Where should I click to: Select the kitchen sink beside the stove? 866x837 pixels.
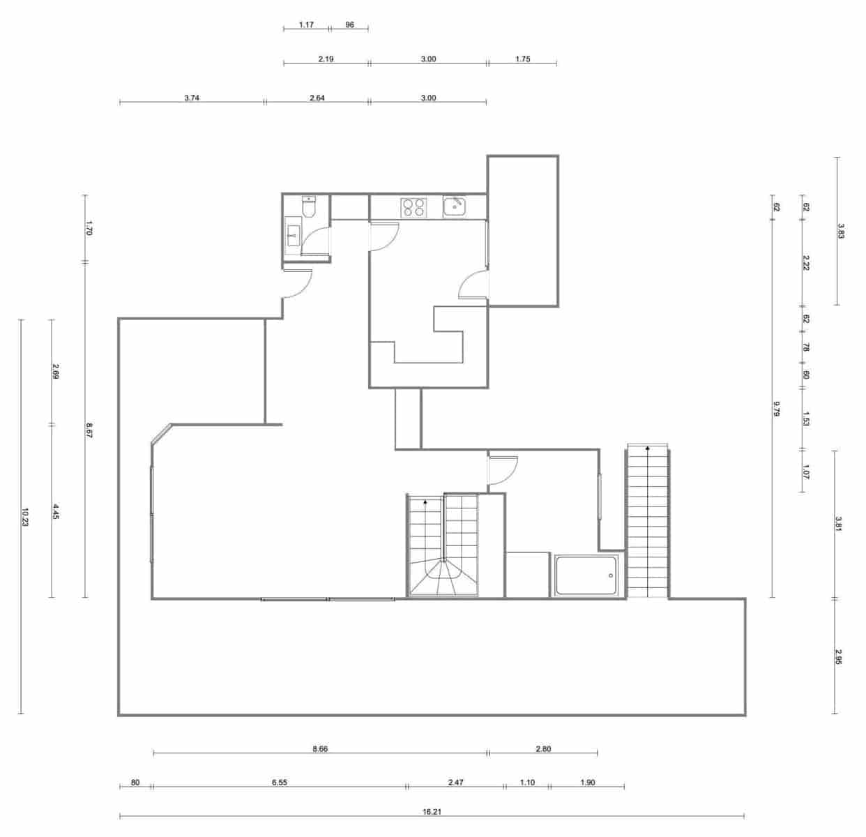[455, 206]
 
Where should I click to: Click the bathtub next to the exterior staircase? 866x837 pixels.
[586, 575]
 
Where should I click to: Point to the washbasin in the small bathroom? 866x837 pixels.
[293, 234]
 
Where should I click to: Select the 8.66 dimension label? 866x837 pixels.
[320, 749]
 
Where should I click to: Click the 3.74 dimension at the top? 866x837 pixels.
[192, 98]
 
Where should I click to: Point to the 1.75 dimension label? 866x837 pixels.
[522, 59]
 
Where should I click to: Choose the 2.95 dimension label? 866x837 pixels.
[839, 657]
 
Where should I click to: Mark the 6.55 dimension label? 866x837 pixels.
[279, 783]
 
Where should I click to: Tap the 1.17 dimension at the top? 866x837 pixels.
[306, 25]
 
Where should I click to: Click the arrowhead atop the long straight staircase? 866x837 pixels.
[648, 448]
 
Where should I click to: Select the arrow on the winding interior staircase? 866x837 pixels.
[425, 501]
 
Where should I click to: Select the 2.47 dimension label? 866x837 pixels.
[455, 783]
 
